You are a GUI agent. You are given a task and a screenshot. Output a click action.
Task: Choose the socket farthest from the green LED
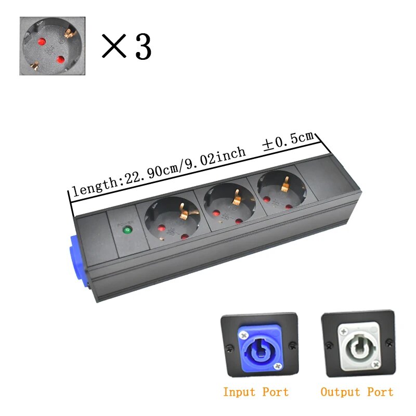279,187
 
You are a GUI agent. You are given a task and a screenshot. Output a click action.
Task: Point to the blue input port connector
260,346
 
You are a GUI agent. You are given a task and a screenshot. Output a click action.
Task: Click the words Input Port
255,392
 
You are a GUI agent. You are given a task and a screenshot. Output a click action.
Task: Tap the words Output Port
357,392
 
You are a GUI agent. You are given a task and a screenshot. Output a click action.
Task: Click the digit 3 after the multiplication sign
143,46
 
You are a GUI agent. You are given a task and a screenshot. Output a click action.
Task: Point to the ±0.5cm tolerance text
289,142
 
